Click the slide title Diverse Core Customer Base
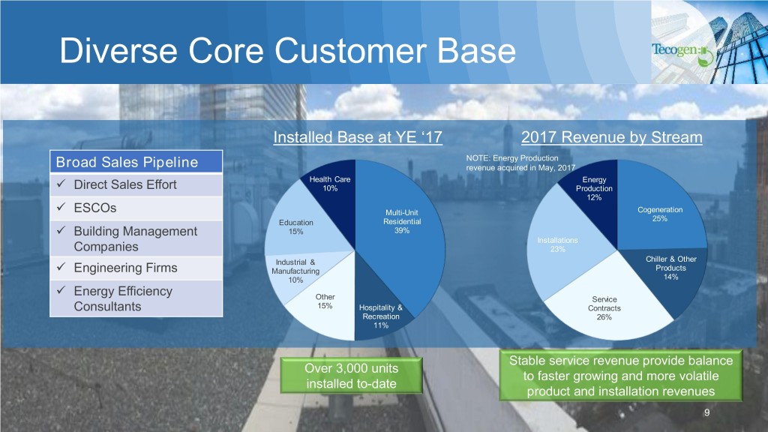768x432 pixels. [x=288, y=52]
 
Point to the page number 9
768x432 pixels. [x=706, y=414]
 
